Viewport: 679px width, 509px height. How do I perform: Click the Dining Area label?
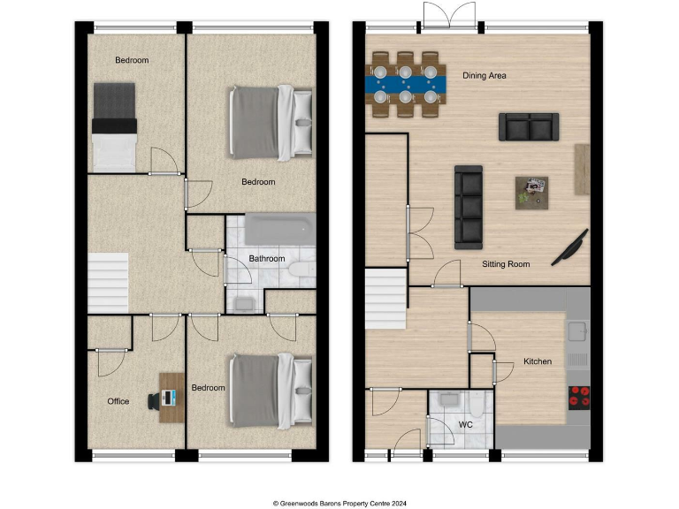[484, 76]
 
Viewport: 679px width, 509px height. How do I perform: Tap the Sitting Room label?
[506, 264]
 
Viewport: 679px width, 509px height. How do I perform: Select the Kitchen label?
[538, 361]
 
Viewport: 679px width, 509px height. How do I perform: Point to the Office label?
[118, 401]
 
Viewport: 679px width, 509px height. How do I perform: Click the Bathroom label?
[266, 259]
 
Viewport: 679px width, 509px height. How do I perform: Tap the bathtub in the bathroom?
[279, 230]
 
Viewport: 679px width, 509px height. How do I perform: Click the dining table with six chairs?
[405, 85]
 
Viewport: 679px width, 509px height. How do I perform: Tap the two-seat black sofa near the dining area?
[529, 126]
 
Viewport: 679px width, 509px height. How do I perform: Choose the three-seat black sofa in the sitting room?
[469, 207]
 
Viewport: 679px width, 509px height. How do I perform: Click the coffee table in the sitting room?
[531, 191]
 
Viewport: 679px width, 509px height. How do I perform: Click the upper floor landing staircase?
[108, 281]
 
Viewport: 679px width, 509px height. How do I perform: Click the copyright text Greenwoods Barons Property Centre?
[339, 500]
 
